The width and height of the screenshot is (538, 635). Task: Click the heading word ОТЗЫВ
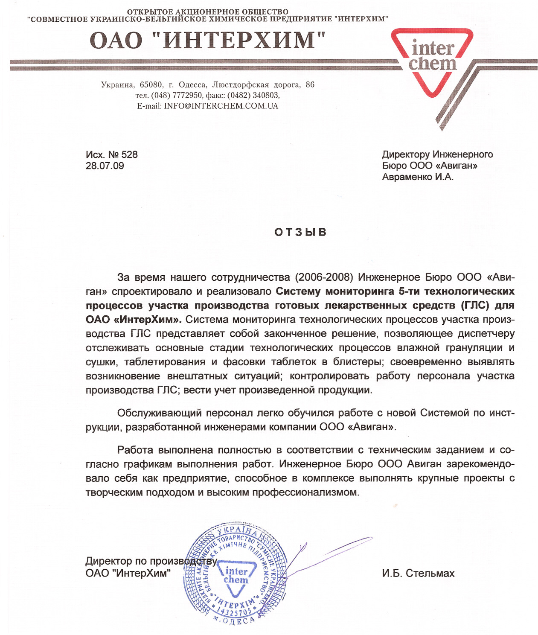300,232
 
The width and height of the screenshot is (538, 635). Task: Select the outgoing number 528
130,154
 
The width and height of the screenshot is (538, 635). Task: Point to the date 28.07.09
105,166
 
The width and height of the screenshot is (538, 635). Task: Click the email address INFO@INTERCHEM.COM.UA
221,106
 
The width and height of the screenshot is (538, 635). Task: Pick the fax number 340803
266,95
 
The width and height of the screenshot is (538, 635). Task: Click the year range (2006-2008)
324,277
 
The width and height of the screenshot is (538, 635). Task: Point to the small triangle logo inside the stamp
236,577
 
